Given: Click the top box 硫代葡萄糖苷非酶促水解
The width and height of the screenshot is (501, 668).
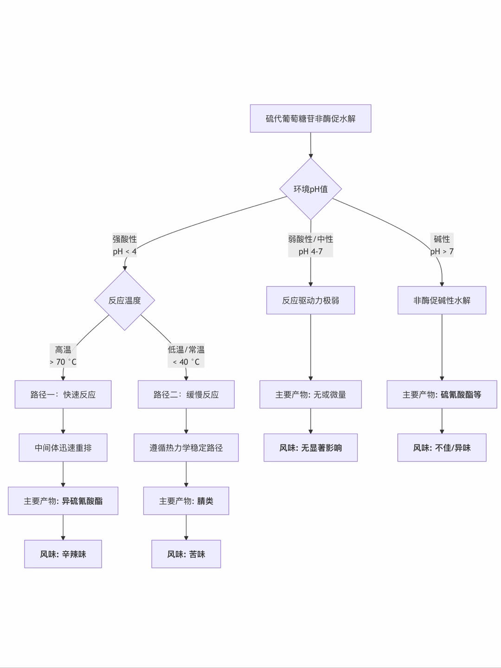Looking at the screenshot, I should pyautogui.click(x=310, y=118).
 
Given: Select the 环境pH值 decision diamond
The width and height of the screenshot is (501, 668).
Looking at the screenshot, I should pyautogui.click(x=310, y=189).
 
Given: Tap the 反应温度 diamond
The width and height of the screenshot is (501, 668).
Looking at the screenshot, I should pyautogui.click(x=124, y=300).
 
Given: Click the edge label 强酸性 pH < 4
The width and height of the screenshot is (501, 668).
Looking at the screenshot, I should pyautogui.click(x=124, y=245).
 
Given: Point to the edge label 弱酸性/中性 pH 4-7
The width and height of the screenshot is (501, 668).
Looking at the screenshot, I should pyautogui.click(x=310, y=245).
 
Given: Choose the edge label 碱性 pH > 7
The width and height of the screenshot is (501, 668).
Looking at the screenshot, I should pyautogui.click(x=442, y=245).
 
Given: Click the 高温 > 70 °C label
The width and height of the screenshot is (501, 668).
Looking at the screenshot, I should pyautogui.click(x=63, y=356).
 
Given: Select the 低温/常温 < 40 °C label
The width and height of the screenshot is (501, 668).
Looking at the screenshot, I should pyautogui.click(x=186, y=356).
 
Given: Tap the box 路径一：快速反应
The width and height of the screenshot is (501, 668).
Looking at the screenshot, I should pyautogui.click(x=63, y=394).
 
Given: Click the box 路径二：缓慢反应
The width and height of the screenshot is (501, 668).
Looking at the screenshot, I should pyautogui.click(x=186, y=394).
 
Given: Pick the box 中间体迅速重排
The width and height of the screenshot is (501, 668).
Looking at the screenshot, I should pyautogui.click(x=63, y=448).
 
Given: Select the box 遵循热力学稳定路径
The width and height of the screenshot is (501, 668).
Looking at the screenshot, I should pyautogui.click(x=186, y=448).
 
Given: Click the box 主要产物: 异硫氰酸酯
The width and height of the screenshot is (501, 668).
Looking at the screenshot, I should pyautogui.click(x=63, y=501).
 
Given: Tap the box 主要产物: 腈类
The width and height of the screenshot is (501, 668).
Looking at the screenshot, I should pyautogui.click(x=186, y=501).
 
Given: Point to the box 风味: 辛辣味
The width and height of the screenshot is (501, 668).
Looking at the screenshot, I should pyautogui.click(x=63, y=554).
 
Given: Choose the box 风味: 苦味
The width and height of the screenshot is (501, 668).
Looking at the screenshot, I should pyautogui.click(x=186, y=554).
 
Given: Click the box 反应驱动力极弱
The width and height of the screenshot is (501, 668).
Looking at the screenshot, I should pyautogui.click(x=310, y=300).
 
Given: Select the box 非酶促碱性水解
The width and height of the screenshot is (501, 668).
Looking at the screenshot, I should pyautogui.click(x=442, y=300).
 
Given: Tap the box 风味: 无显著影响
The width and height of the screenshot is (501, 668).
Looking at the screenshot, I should pyautogui.click(x=310, y=448).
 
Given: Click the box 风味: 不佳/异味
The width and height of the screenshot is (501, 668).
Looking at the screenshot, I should pyautogui.click(x=442, y=448).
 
